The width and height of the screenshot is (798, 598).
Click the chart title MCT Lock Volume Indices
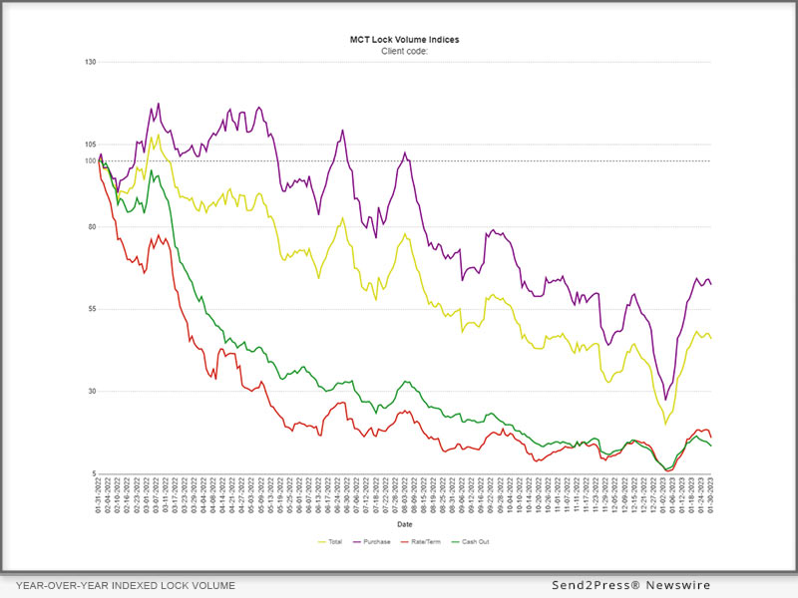coord(404,40)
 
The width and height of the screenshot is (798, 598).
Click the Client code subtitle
coord(404,50)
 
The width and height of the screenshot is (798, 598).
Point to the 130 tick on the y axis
coord(90,62)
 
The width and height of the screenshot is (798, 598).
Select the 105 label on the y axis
coord(90,145)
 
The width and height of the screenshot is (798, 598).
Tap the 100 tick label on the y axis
coord(90,160)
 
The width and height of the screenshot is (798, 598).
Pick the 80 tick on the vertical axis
coord(90,227)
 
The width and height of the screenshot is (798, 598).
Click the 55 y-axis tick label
coord(90,309)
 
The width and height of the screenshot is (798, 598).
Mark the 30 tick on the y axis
coord(90,392)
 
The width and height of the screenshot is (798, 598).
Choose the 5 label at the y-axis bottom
coord(92,473)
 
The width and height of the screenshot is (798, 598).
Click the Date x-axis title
coord(404,524)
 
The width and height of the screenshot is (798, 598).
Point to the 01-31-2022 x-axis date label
coord(100,493)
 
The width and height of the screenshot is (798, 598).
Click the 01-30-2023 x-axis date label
coord(711,493)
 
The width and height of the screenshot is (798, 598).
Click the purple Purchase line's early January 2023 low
coord(666,399)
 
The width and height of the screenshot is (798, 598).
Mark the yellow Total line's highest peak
coord(158,135)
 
